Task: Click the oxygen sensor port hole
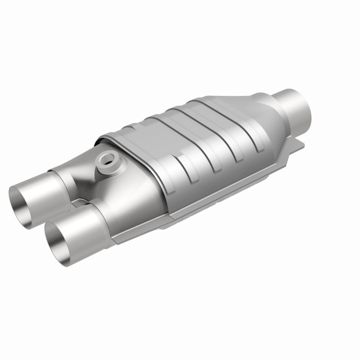[108, 160]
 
